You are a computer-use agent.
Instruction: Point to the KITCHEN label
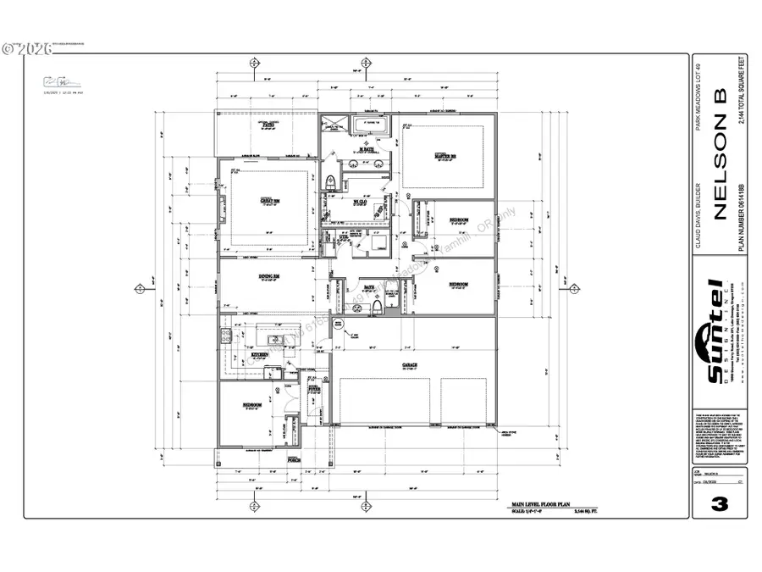pos(259,354)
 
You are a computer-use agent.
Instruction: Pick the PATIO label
pos(269,125)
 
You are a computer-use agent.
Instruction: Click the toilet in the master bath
pos(331,180)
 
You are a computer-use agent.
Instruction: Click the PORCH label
pos(295,458)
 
